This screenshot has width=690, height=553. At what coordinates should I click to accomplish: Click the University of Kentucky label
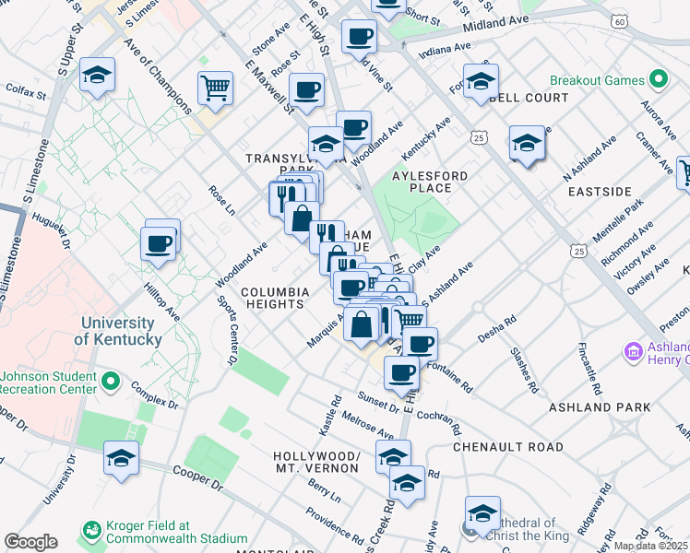117,331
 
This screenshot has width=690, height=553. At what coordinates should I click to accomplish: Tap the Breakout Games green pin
658,80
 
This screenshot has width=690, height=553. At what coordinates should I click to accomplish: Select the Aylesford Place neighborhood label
429,181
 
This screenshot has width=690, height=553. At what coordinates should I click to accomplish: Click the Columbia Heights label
274,297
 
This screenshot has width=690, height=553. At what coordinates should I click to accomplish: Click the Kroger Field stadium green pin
91,530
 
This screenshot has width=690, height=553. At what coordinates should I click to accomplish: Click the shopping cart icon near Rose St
215,88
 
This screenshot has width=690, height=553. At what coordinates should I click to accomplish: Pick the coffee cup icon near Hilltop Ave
159,244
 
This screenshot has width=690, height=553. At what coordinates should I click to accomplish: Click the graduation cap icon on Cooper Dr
121,457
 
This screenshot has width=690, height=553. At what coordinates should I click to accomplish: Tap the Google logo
30,542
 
